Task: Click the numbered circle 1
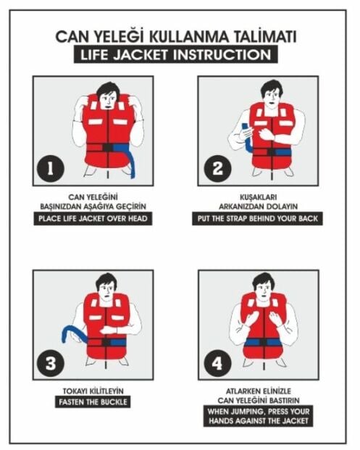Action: (50, 168)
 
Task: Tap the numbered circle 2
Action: (217, 168)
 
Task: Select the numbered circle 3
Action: (50, 364)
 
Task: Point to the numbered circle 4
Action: (217, 364)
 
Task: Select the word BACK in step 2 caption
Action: (309, 219)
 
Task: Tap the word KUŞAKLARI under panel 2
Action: (258, 197)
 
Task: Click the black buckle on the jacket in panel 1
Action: (108, 148)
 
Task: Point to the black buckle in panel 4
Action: (263, 342)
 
